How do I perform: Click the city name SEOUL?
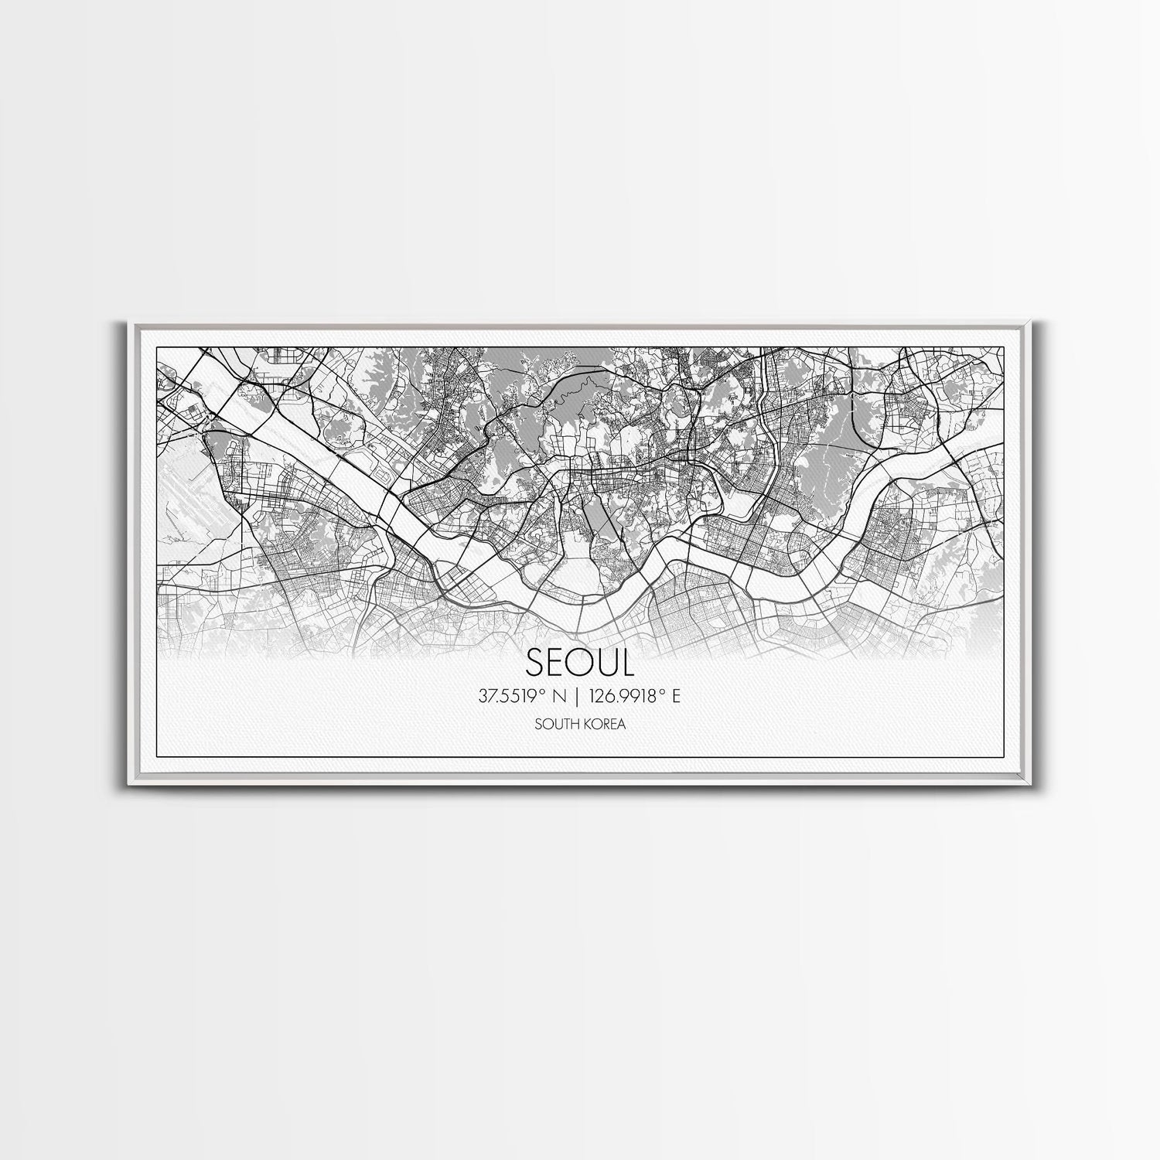pyautogui.click(x=579, y=662)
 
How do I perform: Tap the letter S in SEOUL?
pyautogui.click(x=536, y=663)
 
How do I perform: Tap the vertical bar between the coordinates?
pyautogui.click(x=575, y=697)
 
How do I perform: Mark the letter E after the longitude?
pyautogui.click(x=676, y=697)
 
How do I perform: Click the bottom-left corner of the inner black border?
pyautogui.click(x=157, y=755)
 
